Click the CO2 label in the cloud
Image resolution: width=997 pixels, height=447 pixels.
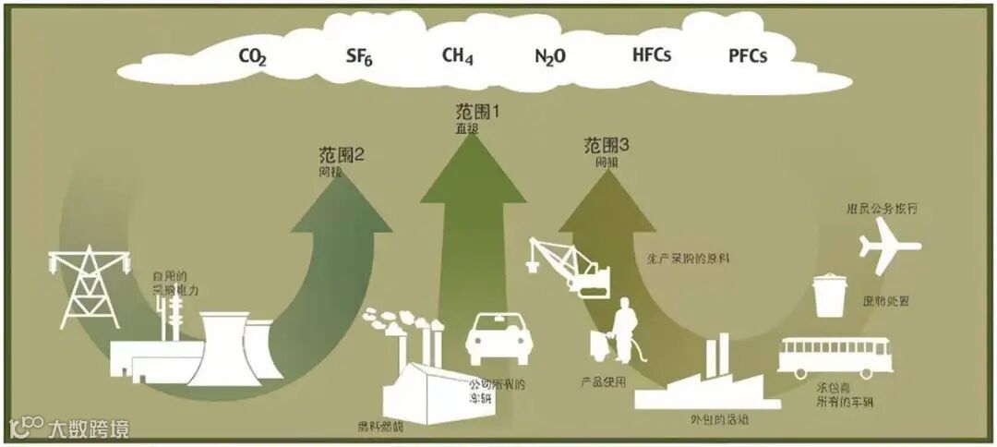click(253, 57)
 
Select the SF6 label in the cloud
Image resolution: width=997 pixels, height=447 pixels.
click(360, 56)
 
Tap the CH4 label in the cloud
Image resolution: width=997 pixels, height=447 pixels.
click(457, 55)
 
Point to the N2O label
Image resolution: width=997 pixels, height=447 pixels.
click(550, 56)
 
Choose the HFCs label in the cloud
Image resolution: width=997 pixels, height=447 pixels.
click(652, 54)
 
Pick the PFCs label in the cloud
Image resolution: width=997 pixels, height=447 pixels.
click(748, 55)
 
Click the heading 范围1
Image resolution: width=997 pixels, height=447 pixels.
click(478, 114)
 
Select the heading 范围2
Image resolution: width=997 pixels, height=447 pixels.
click(341, 155)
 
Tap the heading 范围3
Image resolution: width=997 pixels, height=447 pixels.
click(607, 145)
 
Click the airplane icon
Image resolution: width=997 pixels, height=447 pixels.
click(890, 247)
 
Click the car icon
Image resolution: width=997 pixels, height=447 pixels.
click(498, 339)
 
